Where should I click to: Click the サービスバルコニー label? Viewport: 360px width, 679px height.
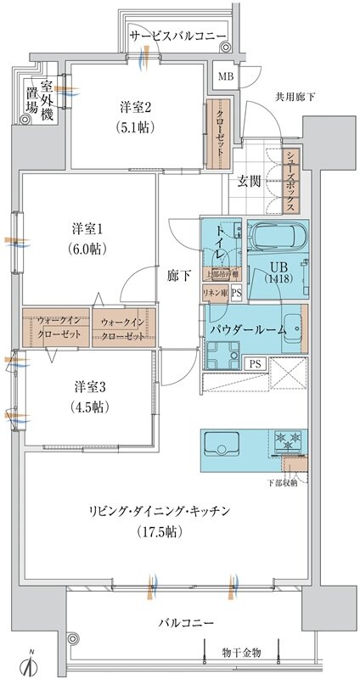[177, 35]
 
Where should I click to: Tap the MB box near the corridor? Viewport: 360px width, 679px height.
[225, 77]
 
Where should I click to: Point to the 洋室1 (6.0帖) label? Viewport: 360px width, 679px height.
[87, 238]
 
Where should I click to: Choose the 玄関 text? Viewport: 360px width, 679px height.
[249, 181]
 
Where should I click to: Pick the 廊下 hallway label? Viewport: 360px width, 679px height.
[177, 275]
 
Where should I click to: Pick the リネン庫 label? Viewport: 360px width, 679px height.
[214, 294]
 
